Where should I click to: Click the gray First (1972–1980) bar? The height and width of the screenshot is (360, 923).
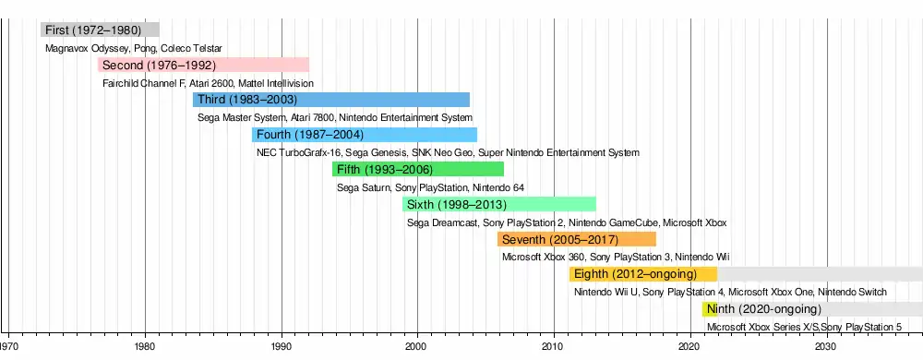tap(100, 30)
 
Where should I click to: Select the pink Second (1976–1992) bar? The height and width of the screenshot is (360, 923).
tap(203, 65)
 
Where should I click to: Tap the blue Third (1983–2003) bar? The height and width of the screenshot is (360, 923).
tap(331, 100)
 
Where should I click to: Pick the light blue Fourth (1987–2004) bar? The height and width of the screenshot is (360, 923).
tap(365, 135)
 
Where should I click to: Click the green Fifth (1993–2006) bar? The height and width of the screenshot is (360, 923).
tap(418, 170)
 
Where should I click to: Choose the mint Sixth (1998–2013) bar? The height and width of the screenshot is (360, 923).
tap(499, 205)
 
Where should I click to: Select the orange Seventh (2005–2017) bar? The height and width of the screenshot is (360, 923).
tap(577, 239)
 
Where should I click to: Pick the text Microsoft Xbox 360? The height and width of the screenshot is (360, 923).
tap(544, 258)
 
